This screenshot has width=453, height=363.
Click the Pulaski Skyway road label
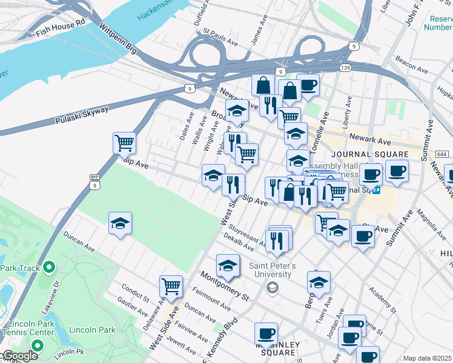click(x=81, y=114)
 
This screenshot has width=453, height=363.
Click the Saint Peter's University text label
click(x=273, y=270)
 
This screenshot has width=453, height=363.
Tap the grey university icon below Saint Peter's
click(x=273, y=287)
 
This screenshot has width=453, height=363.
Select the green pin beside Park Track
click(x=50, y=267)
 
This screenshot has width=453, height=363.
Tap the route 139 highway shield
click(x=345, y=68)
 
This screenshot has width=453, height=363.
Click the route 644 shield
click(x=441, y=155)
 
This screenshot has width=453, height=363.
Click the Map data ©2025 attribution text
click(x=428, y=358)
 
